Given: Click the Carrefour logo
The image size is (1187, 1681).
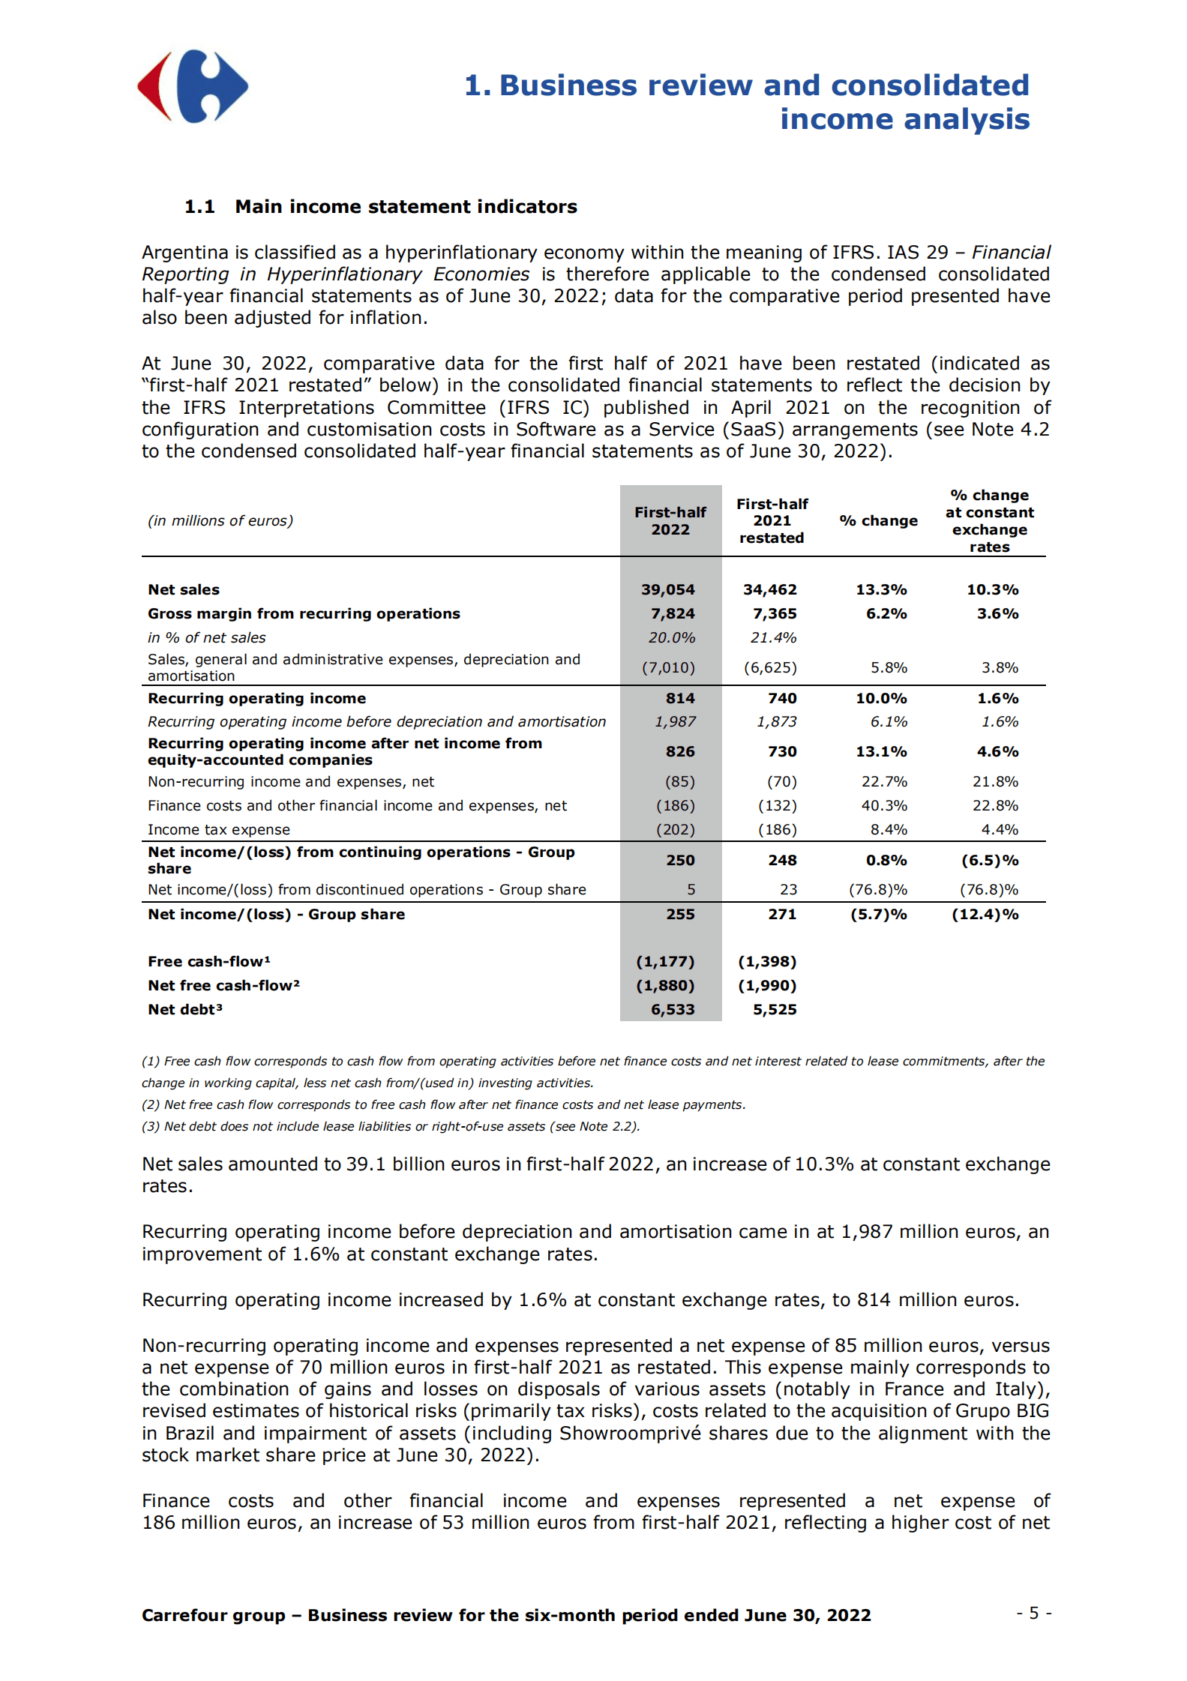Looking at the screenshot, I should pos(193,86).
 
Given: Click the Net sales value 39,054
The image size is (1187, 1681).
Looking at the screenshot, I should pos(667,589).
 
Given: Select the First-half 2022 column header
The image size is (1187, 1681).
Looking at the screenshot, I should pos(670,520).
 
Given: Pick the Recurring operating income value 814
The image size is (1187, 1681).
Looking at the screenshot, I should pos(679,698).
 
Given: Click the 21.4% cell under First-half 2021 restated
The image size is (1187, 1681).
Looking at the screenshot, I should pos(772,637).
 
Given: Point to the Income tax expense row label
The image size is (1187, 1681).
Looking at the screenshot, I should pos(218,829).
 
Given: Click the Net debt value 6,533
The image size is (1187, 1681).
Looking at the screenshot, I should pos(672,1009).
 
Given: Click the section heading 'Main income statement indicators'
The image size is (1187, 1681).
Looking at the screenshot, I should pos(406,207).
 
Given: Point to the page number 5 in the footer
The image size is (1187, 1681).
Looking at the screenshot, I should pos(1033,1613).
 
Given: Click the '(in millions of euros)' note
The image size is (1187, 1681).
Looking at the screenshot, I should pos(220,520).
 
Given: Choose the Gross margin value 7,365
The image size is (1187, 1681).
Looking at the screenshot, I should pos(774,613).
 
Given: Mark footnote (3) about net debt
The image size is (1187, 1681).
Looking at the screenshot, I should pos(390,1126).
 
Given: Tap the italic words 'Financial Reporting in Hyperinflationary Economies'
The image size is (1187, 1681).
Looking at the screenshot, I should pos(397,274).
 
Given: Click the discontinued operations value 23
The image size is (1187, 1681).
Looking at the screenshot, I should pos(787,889).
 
